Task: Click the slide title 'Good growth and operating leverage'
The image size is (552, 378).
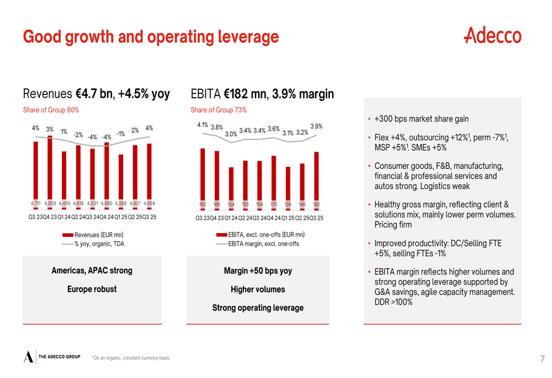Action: (x=151, y=37)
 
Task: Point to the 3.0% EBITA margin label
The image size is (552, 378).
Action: (x=231, y=134)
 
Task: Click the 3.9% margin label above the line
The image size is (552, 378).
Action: (x=316, y=126)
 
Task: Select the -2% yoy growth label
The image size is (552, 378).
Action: (x=78, y=135)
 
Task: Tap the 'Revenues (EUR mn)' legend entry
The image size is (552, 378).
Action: (x=98, y=235)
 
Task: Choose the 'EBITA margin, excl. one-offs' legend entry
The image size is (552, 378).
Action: (x=263, y=243)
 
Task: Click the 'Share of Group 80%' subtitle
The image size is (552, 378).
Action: (x=51, y=110)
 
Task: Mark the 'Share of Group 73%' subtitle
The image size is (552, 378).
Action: (x=219, y=110)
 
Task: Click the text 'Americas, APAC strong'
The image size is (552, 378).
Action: (x=92, y=270)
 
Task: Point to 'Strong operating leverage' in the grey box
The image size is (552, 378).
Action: (x=258, y=307)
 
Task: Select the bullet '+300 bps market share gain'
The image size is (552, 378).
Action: (x=421, y=119)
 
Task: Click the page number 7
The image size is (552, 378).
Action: (x=542, y=359)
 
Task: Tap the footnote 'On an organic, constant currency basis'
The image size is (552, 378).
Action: (x=131, y=358)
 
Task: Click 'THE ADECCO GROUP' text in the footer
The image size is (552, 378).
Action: (x=60, y=356)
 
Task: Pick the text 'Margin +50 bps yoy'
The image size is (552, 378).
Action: (x=258, y=271)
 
